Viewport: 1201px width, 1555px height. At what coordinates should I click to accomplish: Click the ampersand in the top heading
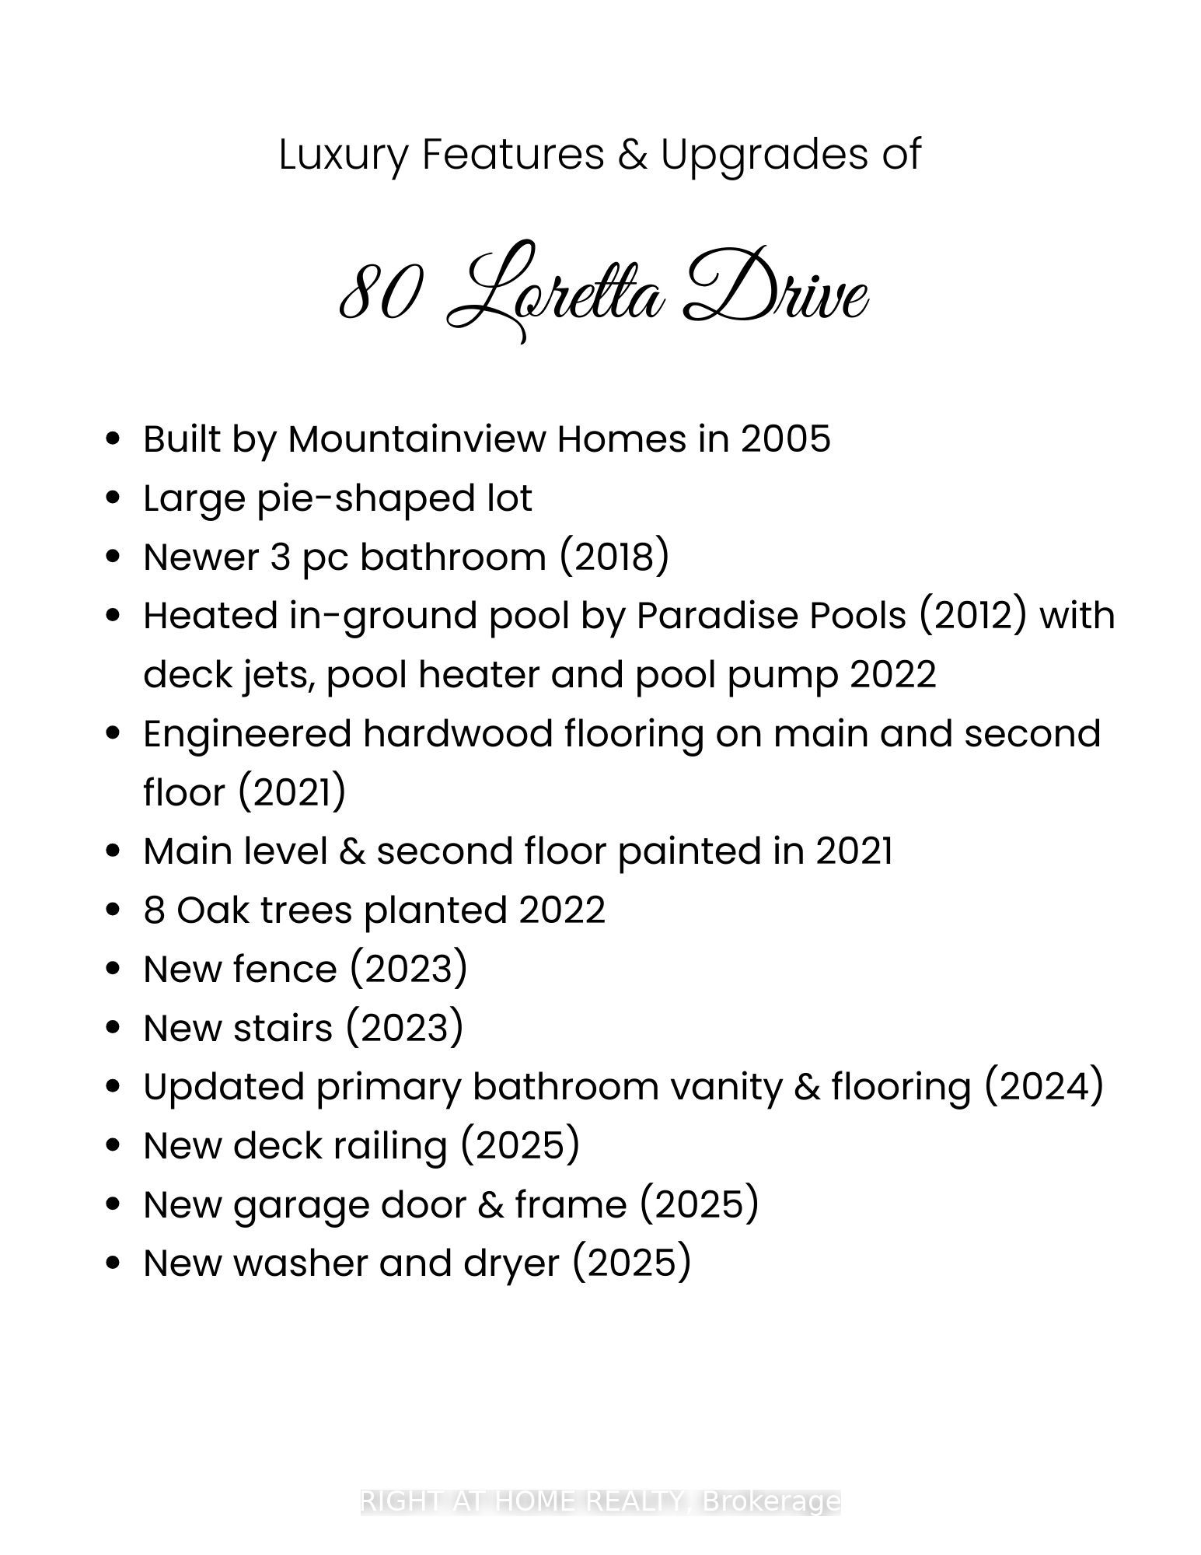point(632,155)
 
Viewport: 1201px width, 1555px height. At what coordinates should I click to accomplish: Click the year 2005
point(785,439)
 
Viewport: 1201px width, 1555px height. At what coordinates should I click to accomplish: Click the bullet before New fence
point(114,970)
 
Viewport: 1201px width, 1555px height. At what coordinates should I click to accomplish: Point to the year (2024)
point(1044,1087)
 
